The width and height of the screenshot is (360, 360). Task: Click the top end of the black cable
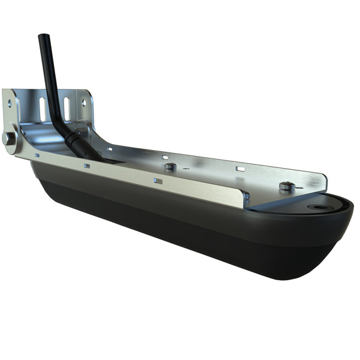(x=43, y=38)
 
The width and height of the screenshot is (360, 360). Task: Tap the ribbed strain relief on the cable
(x=76, y=140)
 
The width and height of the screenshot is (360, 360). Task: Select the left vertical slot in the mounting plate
(x=43, y=109)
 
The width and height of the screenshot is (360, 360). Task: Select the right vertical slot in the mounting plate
(x=67, y=108)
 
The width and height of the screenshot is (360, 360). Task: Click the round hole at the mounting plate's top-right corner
(x=83, y=102)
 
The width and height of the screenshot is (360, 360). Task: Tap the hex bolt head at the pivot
(x=8, y=138)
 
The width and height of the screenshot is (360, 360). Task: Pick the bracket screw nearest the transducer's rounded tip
(x=286, y=186)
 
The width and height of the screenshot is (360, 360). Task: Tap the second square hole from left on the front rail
(x=87, y=166)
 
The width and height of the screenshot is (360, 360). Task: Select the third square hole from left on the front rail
(x=157, y=180)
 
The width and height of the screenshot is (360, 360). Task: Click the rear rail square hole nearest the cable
(x=110, y=148)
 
